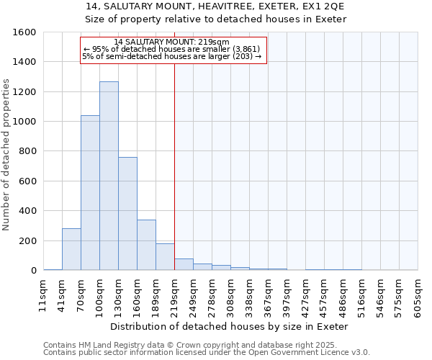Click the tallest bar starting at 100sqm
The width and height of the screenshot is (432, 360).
[x=109, y=176]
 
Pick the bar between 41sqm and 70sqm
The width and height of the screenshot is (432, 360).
[x=71, y=249]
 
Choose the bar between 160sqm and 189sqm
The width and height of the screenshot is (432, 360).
[x=146, y=245]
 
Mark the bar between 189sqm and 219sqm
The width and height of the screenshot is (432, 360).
[x=165, y=257]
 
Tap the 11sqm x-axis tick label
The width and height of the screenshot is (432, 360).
[x=43, y=294]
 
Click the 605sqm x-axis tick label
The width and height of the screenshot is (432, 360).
[x=418, y=294]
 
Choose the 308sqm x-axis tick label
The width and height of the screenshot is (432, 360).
[x=230, y=294]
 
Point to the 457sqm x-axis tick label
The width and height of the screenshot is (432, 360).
[x=324, y=294]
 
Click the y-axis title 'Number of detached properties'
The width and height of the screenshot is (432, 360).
[x=6, y=151]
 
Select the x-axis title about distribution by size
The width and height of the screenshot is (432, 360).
[x=230, y=326]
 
